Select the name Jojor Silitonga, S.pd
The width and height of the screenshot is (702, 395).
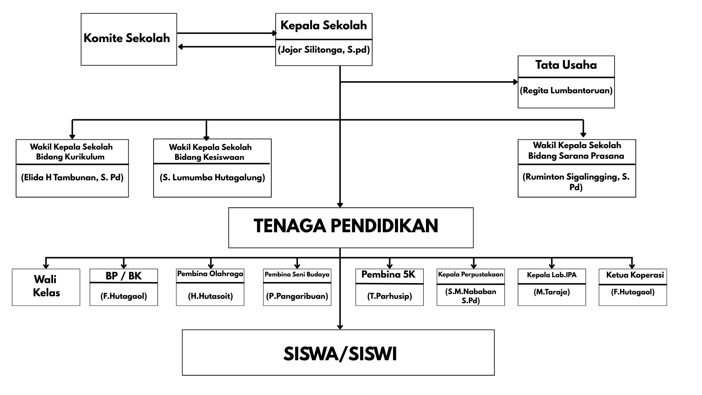tap(324, 50)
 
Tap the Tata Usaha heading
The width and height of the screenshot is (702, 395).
tap(566, 65)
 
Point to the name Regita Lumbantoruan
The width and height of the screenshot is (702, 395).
tap(566, 90)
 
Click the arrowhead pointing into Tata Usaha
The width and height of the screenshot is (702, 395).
tap(516, 82)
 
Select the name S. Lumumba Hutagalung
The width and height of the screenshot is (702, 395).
tap(212, 178)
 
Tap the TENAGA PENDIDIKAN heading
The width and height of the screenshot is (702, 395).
tap(346, 226)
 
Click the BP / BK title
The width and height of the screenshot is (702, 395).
tap(124, 276)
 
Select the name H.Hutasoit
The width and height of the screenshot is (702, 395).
tap(210, 296)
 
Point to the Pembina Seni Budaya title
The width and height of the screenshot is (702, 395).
tap(297, 274)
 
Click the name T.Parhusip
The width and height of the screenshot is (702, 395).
tap(389, 296)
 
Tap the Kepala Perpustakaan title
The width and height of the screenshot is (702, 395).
tap(471, 274)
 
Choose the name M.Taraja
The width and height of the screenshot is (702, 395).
tap(552, 292)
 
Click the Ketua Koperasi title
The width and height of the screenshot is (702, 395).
tap(635, 275)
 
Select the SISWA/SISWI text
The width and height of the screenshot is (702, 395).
tap(340, 354)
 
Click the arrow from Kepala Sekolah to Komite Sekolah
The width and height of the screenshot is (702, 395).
tap(227, 47)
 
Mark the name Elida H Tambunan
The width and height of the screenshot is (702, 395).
tap(72, 178)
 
